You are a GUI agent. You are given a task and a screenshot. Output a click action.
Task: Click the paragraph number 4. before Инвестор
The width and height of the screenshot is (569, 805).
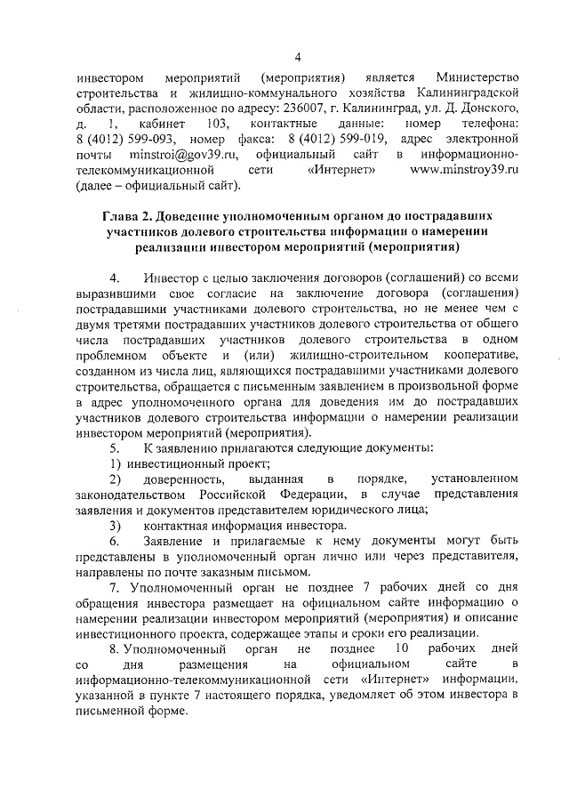114,278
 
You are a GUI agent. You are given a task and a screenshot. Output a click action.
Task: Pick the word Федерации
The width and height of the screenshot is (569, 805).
316,495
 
